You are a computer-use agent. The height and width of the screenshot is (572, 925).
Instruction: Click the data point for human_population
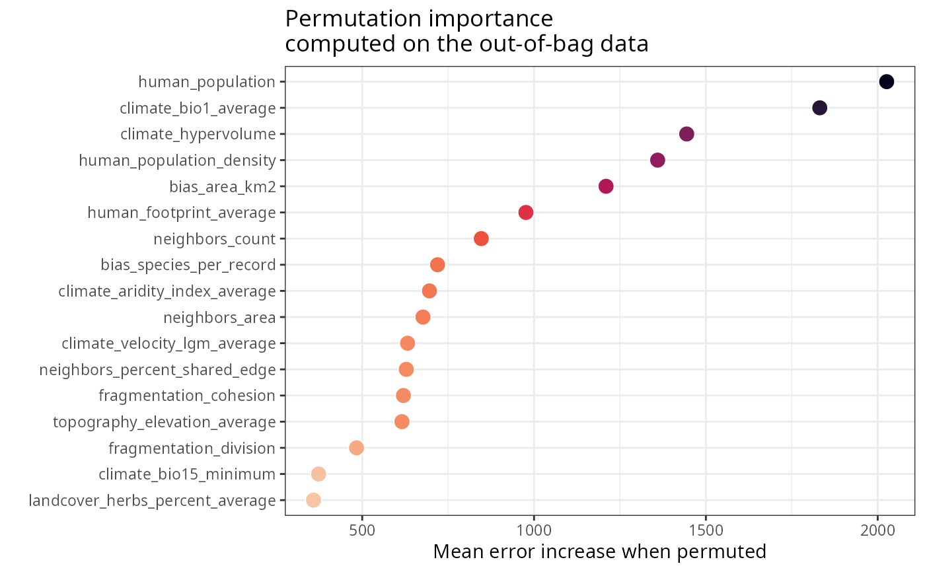point(887,82)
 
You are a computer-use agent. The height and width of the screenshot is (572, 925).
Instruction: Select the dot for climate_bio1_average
point(820,108)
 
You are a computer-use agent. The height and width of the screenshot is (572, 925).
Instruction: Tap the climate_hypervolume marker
point(686,134)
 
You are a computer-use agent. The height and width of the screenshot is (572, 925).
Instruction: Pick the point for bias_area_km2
point(606,186)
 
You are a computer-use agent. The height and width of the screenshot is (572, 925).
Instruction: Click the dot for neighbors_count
point(481,238)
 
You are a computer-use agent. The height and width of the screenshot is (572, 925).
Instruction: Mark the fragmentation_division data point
point(356,448)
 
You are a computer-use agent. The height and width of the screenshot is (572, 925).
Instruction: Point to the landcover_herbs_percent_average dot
point(313,500)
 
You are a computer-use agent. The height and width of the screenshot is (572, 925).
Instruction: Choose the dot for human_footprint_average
point(526,212)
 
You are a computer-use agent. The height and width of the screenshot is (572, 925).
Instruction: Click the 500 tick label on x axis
point(362,530)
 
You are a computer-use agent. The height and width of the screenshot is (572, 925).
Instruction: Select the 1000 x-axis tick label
point(534,530)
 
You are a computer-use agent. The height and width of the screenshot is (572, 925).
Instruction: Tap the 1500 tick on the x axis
point(706,530)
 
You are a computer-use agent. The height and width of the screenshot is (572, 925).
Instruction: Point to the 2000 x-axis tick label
point(877,530)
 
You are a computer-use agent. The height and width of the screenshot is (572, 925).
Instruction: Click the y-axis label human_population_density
point(177,160)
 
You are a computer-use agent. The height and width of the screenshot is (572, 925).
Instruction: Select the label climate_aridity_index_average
point(167,291)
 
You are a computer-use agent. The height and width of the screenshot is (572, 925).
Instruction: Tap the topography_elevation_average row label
point(165,421)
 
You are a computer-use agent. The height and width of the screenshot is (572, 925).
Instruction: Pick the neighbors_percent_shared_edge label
point(157,369)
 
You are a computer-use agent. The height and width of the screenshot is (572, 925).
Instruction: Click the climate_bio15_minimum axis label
point(187,474)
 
